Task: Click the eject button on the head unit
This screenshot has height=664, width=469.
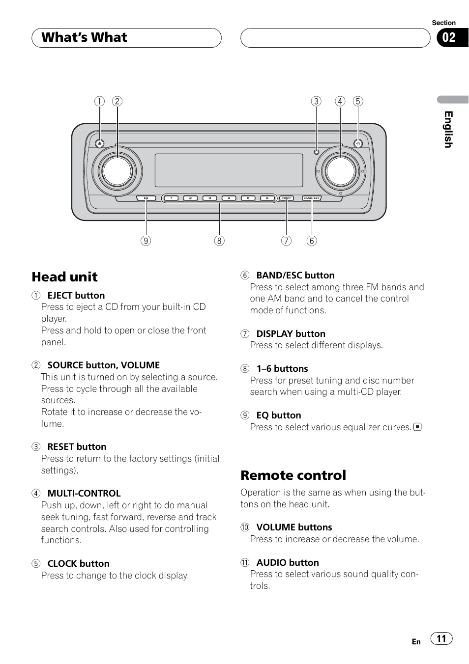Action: point(100,143)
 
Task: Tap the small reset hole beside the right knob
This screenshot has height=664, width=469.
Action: point(316,152)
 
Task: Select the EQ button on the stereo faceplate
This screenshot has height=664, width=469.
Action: point(146,198)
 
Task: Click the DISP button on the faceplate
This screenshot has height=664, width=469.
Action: point(287,198)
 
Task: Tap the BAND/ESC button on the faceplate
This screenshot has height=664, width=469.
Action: point(312,198)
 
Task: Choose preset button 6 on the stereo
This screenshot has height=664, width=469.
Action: point(267,198)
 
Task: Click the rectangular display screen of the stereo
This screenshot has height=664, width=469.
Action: point(229,170)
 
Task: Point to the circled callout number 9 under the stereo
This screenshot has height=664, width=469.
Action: point(146,241)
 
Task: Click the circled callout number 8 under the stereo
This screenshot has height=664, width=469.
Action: point(219,241)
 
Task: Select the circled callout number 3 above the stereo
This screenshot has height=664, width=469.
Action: point(316,101)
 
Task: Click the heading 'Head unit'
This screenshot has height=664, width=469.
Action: point(65,277)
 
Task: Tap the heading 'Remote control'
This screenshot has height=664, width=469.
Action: point(293,475)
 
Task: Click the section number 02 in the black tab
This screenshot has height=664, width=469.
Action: point(449,37)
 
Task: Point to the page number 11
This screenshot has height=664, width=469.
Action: point(441,638)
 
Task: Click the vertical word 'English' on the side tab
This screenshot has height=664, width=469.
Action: point(448,130)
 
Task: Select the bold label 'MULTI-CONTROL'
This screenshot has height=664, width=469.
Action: point(84,493)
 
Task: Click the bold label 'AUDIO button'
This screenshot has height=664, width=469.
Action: point(288,562)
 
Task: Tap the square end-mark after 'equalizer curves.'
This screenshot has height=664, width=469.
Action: point(417,427)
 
